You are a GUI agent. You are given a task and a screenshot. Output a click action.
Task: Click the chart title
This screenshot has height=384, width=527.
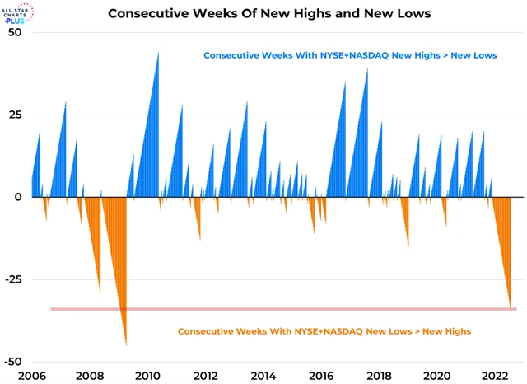pos(263,13)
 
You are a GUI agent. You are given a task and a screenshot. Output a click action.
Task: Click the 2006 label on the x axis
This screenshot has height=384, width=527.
pos(31,376)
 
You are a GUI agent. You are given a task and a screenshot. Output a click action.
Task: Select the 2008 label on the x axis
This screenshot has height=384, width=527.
pos(90,376)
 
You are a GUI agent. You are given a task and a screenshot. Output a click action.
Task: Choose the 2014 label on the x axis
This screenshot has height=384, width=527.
pos(263,376)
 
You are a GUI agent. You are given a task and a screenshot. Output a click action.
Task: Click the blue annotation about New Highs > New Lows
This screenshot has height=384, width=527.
pos(350,55)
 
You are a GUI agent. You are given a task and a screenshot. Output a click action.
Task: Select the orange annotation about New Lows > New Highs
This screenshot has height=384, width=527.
pos(324,331)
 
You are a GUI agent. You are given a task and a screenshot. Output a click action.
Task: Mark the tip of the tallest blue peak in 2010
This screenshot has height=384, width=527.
pos(158,53)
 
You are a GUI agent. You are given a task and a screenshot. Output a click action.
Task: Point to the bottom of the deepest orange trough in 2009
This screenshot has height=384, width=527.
pos(126,344)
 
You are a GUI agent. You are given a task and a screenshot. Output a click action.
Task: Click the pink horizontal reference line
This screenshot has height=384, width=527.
pos(280,309)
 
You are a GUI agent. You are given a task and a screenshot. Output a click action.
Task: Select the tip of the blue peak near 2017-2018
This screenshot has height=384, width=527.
pos(367,69)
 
